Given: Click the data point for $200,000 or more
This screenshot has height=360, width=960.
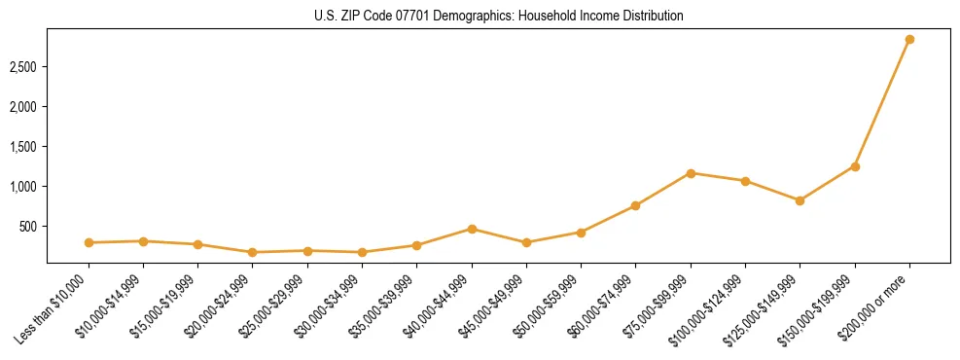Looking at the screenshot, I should click(909, 40).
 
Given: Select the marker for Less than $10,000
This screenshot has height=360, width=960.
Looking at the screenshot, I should click(89, 242).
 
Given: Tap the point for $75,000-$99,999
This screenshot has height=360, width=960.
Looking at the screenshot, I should click(691, 173).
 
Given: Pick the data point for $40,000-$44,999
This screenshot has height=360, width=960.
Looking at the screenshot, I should click(472, 229).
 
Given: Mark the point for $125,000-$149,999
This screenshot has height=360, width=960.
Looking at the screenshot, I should click(800, 200).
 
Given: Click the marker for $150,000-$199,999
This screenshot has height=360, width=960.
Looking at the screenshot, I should click(855, 166).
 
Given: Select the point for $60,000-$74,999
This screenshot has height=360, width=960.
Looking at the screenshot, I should click(636, 205).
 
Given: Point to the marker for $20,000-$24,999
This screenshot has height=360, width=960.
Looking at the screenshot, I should click(253, 252).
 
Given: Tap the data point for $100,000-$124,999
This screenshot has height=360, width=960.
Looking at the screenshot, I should click(745, 181).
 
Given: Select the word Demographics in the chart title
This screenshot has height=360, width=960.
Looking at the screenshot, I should click(464, 17).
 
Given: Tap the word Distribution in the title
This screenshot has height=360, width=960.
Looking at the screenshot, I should click(649, 17).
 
